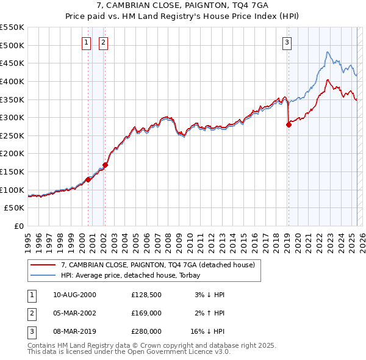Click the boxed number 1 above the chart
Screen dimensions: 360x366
pos(86,42)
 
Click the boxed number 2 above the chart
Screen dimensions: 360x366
pos(104,42)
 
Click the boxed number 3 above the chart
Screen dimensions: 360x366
pos(287,42)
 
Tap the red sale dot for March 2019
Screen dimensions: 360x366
pos(289,124)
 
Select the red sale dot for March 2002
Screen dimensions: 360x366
pos(105,165)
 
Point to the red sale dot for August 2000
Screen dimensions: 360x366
pos(88,179)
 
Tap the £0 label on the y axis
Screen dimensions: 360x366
pos(18,226)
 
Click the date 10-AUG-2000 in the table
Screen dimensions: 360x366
pos(74,295)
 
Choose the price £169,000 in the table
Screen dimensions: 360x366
pos(146,313)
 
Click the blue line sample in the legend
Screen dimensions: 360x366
pos(43,275)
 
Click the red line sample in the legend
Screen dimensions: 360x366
pos(43,265)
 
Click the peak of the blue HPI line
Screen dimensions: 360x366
pos(328,52)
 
